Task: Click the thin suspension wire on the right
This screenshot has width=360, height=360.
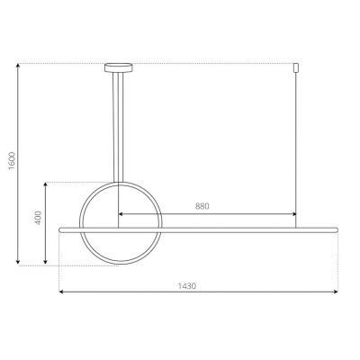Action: (x=296, y=144)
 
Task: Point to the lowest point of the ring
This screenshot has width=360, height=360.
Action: (x=118, y=264)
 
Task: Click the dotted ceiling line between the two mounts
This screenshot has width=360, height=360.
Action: (x=207, y=63)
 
